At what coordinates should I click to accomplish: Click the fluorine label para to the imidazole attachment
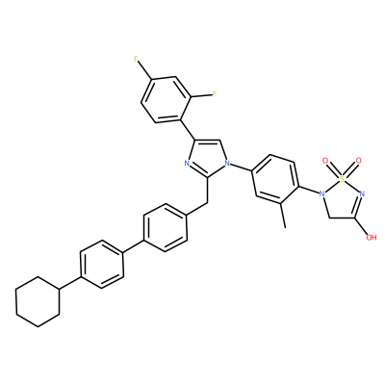137,59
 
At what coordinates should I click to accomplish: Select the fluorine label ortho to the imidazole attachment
215,94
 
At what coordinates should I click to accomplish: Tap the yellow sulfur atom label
343,177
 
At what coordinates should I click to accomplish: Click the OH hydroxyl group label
372,238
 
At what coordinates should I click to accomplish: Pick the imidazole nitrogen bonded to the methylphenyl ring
227,164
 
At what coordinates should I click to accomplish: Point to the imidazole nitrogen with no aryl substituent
188,164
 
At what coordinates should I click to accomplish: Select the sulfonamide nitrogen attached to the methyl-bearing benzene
321,193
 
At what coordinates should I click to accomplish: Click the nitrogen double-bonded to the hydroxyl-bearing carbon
363,193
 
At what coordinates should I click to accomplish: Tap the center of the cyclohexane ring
38,301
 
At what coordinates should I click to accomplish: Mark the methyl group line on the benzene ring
283,216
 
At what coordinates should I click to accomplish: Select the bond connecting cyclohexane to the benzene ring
70,283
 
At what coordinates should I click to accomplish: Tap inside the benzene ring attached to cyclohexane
102,264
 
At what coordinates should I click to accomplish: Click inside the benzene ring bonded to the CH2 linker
166,227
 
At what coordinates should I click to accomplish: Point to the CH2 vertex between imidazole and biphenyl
205,203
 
